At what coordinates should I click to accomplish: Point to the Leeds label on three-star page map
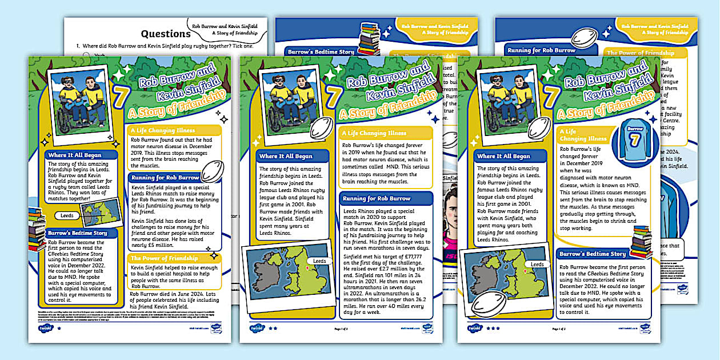537,265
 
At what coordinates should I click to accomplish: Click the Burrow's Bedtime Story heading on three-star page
593,254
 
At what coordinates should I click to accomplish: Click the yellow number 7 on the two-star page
332,96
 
